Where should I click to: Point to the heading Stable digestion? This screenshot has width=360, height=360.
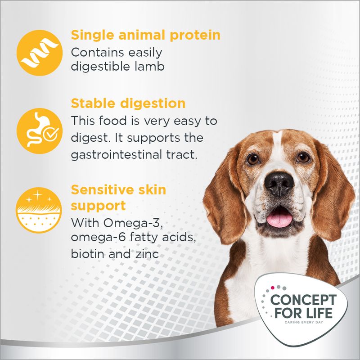click(128, 103)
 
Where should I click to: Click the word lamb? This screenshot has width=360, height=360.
click(153, 67)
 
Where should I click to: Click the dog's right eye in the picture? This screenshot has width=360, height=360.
click(303, 157)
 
